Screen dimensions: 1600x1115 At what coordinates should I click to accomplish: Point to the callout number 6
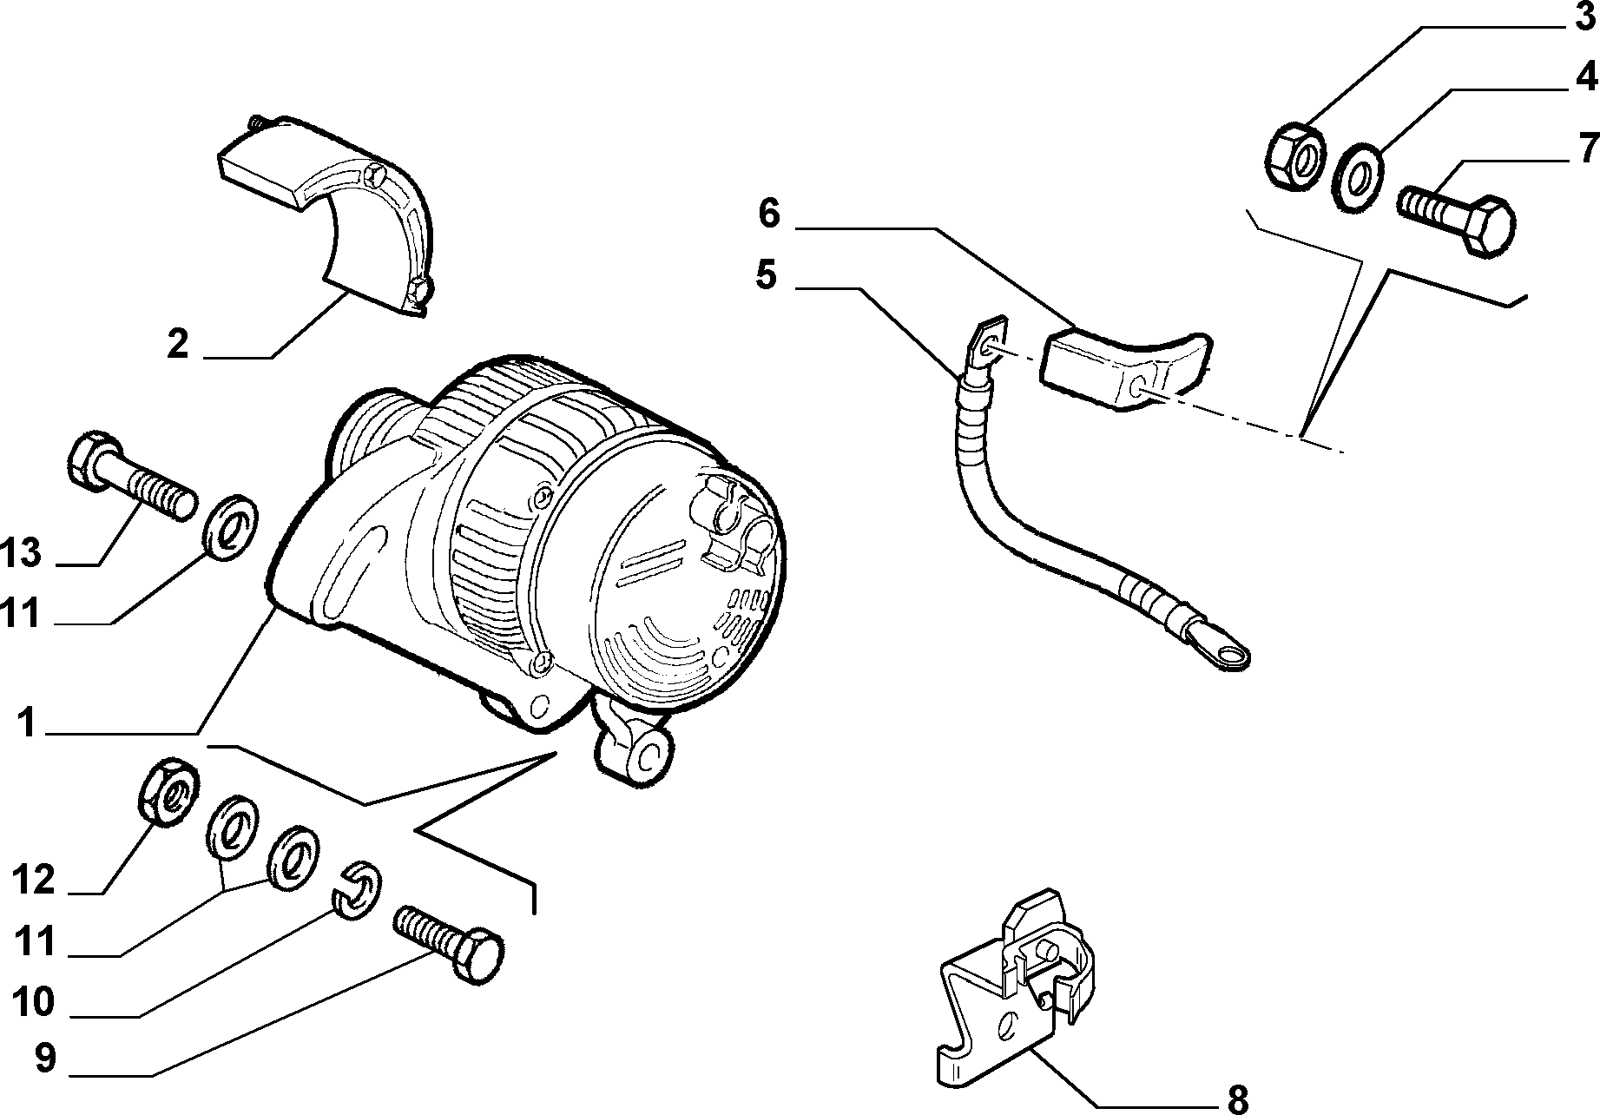pyautogui.click(x=769, y=214)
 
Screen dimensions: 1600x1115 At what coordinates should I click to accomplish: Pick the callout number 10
pyautogui.click(x=35, y=1002)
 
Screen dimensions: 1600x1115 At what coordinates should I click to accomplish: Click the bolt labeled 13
pyautogui.click(x=130, y=477)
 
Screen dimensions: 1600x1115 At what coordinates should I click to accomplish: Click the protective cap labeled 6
pyautogui.click(x=1129, y=369)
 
